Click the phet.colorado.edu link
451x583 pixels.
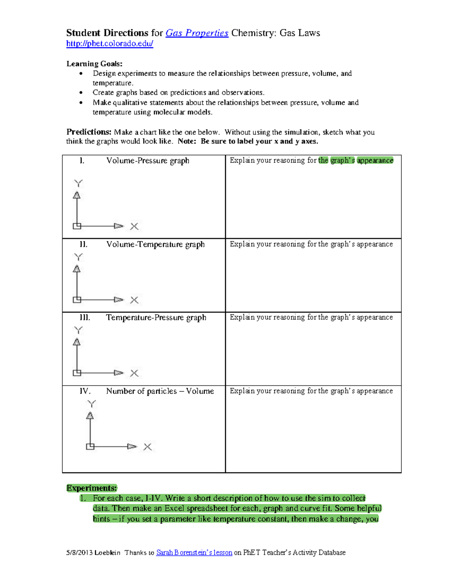[109, 44]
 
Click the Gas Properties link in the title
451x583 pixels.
[197, 33]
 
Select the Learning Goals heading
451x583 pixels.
[94, 63]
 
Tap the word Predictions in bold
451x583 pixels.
[89, 132]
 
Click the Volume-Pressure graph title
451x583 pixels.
[148, 161]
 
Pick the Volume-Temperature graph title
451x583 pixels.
[155, 244]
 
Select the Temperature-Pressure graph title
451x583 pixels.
[156, 318]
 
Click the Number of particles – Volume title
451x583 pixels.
[160, 391]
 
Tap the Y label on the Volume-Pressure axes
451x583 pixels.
[78, 183]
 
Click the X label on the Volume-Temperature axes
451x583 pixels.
[134, 300]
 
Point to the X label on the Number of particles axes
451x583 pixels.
[147, 447]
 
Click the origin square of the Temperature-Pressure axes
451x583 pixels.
[77, 373]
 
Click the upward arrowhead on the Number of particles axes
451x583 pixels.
[90, 416]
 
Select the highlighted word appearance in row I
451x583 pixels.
[375, 160]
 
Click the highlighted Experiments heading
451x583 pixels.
[92, 488]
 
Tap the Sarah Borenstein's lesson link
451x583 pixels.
[194, 553]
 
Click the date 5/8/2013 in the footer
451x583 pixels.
[79, 553]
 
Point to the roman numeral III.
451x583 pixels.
[85, 318]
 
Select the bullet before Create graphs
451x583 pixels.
[81, 92]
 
